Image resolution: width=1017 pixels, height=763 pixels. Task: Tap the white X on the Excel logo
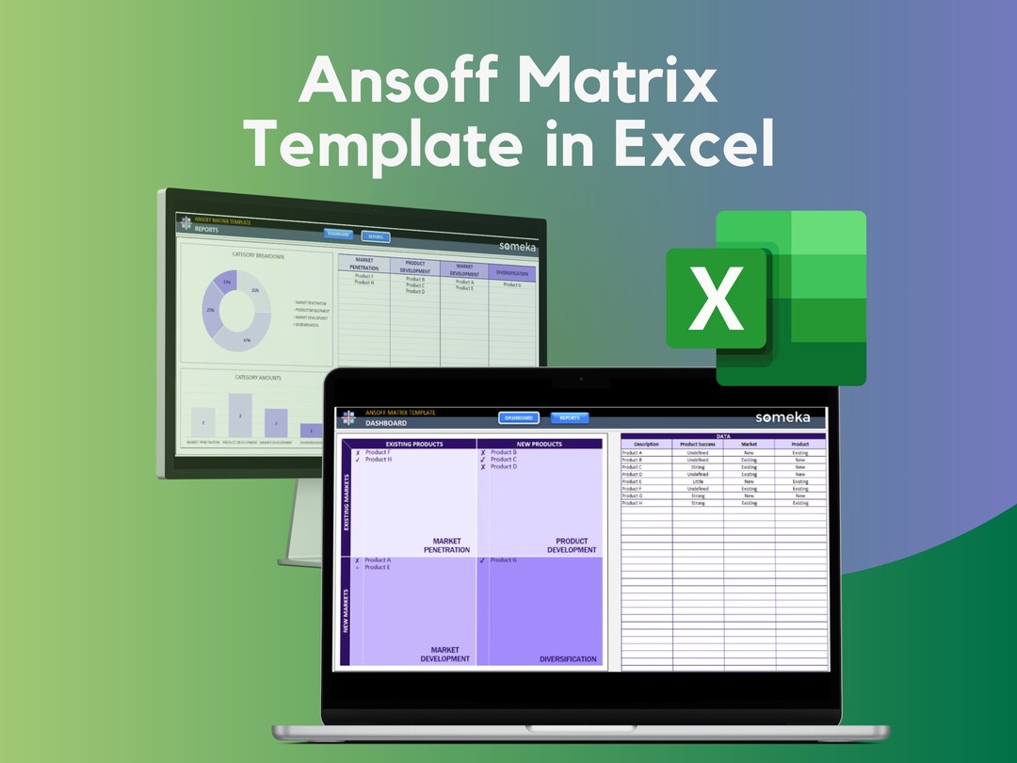718,299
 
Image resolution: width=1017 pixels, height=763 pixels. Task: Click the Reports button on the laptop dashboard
570,417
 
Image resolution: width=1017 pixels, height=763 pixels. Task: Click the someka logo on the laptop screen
788,417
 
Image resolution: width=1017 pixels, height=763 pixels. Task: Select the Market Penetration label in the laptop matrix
446,545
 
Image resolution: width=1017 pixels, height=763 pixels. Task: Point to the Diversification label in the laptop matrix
568,659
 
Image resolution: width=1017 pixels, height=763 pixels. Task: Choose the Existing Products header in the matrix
410,444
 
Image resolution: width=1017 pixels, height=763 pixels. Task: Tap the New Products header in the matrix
540,444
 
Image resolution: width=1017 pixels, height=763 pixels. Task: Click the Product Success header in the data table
698,445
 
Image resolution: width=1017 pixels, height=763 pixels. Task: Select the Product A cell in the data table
633,452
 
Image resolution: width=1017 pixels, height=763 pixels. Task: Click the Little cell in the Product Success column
698,481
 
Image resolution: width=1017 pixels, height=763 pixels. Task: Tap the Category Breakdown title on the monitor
258,254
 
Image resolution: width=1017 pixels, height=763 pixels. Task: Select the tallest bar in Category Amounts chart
240,415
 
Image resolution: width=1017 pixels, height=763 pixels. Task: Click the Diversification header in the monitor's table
512,273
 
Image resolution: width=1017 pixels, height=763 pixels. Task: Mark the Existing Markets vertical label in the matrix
346,503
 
